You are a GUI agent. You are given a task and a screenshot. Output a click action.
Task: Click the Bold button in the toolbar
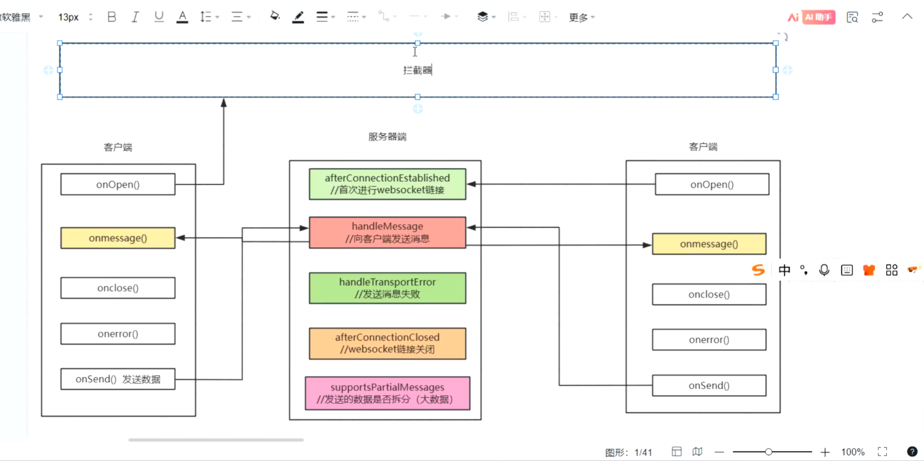(112, 17)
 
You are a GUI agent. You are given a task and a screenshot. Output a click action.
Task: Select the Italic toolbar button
(135, 17)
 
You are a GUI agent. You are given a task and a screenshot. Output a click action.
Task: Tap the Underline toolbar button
(159, 17)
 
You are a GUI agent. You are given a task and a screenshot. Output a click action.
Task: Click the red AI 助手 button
(818, 17)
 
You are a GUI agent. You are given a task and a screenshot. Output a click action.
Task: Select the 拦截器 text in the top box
(417, 70)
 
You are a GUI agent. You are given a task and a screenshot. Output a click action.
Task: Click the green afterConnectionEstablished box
(387, 184)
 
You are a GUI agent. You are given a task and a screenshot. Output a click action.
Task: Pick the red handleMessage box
(387, 232)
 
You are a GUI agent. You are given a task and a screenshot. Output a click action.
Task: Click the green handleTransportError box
(387, 288)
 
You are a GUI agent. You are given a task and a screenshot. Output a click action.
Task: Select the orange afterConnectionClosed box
(387, 343)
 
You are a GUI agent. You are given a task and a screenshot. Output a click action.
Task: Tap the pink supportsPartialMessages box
(387, 393)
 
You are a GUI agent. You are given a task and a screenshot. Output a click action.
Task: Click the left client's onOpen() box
(118, 184)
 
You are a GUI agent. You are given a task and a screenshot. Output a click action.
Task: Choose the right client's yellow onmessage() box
(709, 244)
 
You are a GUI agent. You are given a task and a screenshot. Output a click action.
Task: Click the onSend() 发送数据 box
(118, 379)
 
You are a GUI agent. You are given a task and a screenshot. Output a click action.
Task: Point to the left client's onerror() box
(118, 334)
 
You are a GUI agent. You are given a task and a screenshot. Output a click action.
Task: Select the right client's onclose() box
(709, 295)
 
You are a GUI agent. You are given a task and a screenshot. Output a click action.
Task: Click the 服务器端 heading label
(387, 137)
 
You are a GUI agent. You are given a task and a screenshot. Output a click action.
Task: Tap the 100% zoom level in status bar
(853, 452)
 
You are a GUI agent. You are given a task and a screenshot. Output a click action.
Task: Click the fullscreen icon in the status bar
(882, 452)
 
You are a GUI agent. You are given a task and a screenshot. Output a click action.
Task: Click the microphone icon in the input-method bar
(824, 270)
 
